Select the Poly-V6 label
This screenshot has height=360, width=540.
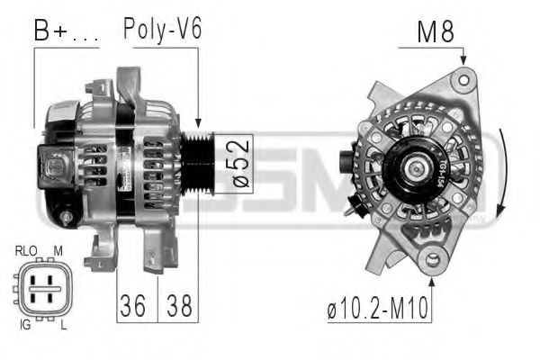point(162,29)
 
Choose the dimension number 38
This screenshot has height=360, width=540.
point(178,308)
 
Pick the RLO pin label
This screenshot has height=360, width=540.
point(26,250)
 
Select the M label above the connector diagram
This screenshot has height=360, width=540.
point(57,250)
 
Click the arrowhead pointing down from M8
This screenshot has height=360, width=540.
point(464,59)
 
